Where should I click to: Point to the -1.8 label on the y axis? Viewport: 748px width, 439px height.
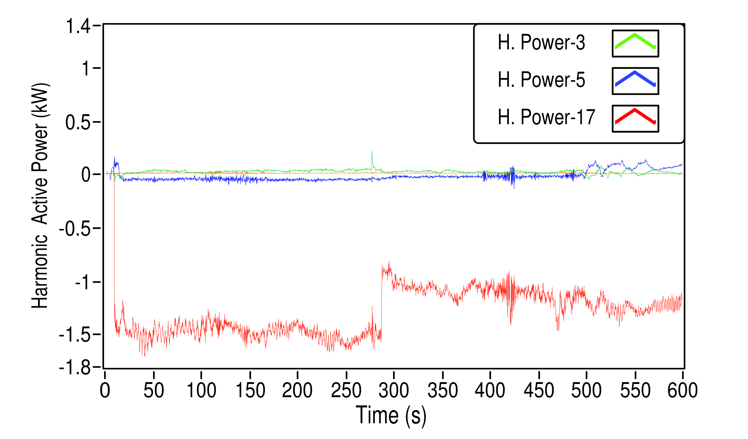[75, 367]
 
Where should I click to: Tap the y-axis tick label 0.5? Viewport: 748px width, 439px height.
[78, 122]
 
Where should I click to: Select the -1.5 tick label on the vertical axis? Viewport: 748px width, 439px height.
[75, 335]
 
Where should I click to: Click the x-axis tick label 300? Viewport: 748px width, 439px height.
[393, 391]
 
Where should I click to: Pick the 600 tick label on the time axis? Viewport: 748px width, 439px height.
[682, 391]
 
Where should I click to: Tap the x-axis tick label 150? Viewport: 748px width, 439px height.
[250, 391]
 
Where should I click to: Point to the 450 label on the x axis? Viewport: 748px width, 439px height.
[539, 391]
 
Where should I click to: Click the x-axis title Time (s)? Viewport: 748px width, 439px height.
[391, 416]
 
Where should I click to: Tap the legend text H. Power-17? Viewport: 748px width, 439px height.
[546, 117]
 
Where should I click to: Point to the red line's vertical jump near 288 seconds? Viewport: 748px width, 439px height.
[382, 302]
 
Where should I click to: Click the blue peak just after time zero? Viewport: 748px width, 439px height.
[114, 158]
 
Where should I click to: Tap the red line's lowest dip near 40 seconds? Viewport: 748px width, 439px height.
[144, 355]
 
